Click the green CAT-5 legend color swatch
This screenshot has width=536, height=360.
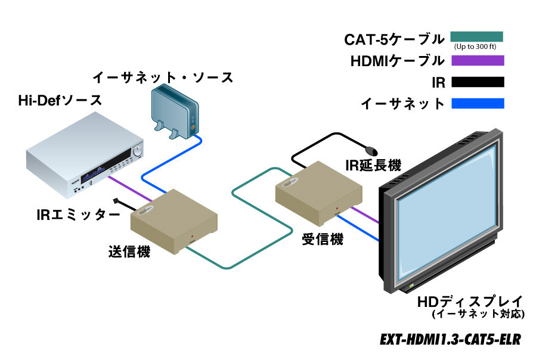(x=477, y=36)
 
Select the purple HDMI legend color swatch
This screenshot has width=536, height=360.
(x=477, y=60)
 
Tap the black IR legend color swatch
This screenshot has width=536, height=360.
(x=477, y=82)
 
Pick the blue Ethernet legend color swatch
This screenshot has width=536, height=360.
(x=477, y=103)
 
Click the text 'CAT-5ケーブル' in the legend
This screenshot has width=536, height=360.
(x=395, y=40)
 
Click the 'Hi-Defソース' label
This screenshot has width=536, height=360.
(x=59, y=101)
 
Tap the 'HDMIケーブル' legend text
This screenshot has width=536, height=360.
(x=398, y=60)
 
